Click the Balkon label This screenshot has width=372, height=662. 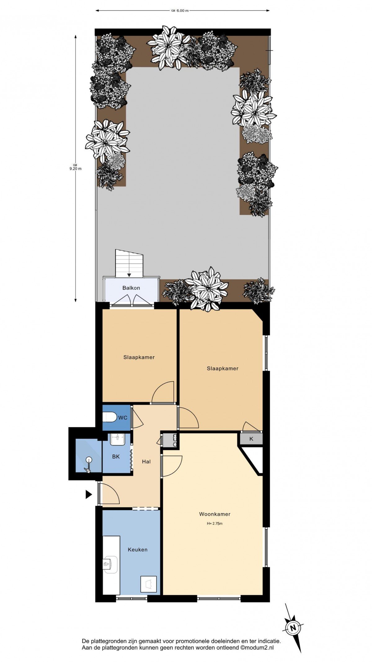click(131, 288)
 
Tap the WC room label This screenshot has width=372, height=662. click(123, 418)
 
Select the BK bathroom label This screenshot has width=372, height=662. click(116, 457)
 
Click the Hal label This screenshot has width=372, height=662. click(146, 462)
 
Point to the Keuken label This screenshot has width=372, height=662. click(138, 550)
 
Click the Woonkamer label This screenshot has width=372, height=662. click(215, 514)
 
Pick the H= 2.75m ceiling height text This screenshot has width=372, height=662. click(215, 524)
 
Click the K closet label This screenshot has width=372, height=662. click(251, 439)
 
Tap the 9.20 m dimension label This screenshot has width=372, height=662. click(75, 169)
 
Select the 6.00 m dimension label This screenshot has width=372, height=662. click(182, 11)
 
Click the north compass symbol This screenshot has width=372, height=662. click(292, 628)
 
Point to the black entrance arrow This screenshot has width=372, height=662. click(89, 494)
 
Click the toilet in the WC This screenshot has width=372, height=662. click(109, 417)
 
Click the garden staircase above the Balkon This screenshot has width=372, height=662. click(129, 263)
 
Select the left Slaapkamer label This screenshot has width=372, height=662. click(139, 357)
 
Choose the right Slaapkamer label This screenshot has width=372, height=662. click(223, 369)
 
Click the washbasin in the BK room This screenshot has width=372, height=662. click(117, 439)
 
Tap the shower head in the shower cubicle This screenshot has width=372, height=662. click(89, 459)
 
